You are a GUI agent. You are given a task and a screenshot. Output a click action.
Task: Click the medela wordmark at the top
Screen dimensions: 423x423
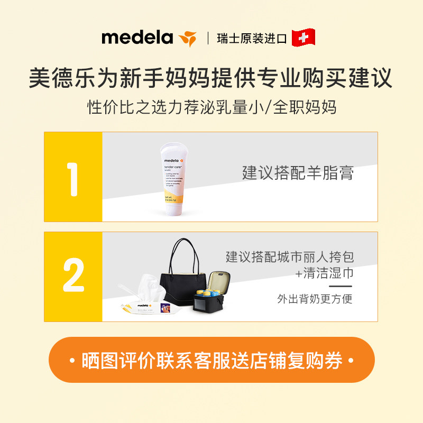(137, 38)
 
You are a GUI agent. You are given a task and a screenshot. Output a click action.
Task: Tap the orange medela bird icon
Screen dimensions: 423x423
(187, 38)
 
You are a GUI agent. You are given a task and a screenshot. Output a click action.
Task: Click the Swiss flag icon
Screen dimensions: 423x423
(303, 38)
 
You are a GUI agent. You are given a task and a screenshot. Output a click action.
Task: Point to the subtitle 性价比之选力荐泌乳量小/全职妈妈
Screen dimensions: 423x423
(211, 107)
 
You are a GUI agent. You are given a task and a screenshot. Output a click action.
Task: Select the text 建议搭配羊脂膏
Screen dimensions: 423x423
(298, 172)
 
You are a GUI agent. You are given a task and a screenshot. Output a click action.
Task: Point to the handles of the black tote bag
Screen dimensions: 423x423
(185, 254)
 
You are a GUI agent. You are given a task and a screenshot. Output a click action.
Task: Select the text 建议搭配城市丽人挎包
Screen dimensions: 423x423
(289, 257)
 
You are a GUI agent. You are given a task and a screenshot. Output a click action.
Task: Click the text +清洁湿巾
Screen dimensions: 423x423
(324, 273)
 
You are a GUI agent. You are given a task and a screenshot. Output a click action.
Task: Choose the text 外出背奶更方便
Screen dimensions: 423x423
(314, 299)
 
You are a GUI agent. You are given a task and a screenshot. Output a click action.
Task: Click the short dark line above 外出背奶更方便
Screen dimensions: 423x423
(340, 286)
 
